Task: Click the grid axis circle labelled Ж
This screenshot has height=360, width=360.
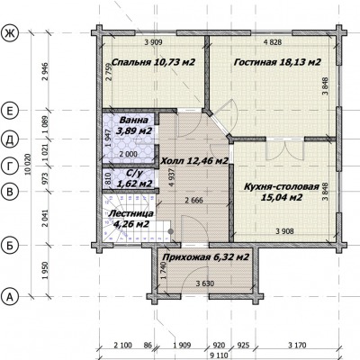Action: click(x=10, y=33)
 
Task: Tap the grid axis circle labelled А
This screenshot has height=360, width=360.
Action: click(x=10, y=297)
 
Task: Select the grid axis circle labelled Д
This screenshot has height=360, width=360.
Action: click(x=10, y=139)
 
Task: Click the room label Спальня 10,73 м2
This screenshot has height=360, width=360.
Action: click(x=153, y=62)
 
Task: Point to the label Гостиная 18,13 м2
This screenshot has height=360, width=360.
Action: click(x=277, y=62)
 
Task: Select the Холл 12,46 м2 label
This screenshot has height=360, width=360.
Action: click(x=194, y=161)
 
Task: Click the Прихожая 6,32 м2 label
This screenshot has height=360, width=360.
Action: click(x=206, y=257)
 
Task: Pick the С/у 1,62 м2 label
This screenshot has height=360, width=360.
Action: click(x=133, y=178)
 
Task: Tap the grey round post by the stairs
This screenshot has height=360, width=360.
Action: click(x=171, y=231)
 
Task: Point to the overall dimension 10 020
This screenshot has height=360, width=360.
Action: click(x=29, y=164)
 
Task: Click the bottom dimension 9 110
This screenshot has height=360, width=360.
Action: click(x=219, y=355)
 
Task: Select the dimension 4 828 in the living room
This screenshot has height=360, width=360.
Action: click(x=273, y=42)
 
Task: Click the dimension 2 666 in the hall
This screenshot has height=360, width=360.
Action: click(x=193, y=200)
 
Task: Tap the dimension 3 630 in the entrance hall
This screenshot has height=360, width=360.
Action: click(x=205, y=283)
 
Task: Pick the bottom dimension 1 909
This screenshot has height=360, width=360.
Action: click(x=182, y=346)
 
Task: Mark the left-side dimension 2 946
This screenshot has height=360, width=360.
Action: click(x=45, y=72)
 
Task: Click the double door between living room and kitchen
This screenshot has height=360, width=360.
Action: click(x=284, y=149)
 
